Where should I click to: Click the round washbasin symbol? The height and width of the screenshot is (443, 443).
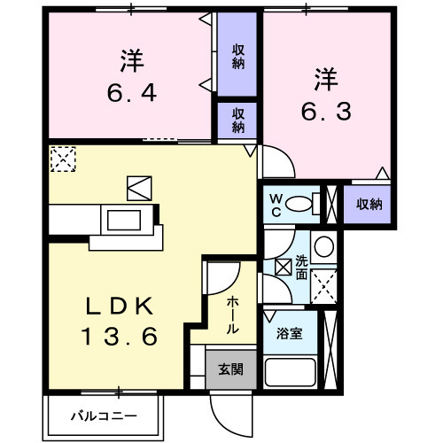324,245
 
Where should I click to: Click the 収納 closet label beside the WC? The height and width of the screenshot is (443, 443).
369,205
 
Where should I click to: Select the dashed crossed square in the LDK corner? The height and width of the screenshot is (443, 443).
62,159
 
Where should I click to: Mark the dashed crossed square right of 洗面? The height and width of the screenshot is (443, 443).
324,285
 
